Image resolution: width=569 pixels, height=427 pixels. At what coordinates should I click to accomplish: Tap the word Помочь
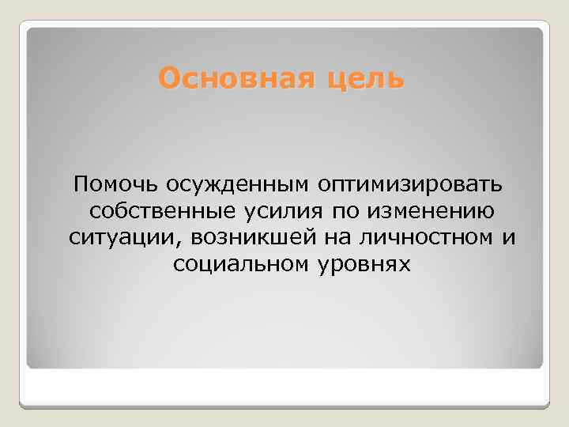pyautogui.click(x=117, y=184)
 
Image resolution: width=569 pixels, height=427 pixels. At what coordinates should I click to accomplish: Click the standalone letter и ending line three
pyautogui.click(x=508, y=237)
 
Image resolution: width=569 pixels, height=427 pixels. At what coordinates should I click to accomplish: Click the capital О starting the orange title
pyautogui.click(x=168, y=79)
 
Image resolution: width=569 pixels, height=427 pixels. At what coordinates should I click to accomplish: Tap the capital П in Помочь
pyautogui.click(x=81, y=184)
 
